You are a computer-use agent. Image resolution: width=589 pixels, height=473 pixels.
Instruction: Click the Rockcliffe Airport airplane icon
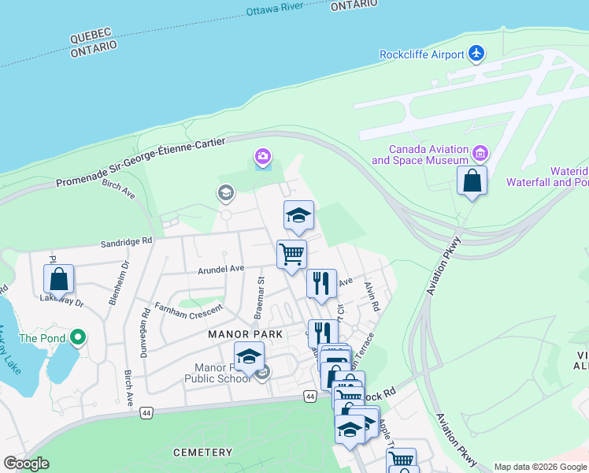coord(476,54)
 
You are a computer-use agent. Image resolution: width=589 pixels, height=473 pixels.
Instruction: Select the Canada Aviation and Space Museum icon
coord(481,151)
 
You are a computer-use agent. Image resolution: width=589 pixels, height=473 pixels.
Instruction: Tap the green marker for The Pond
coord(77,338)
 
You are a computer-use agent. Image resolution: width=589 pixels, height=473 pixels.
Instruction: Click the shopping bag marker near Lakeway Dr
coord(59,279)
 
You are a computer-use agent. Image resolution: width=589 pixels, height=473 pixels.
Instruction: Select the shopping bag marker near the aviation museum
coord(472,181)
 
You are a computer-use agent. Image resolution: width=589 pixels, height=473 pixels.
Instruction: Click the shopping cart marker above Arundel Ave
coord(291,255)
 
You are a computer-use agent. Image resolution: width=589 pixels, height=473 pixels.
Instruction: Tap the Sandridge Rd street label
coord(126,244)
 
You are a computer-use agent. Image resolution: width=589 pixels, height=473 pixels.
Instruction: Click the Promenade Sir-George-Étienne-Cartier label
coord(141,162)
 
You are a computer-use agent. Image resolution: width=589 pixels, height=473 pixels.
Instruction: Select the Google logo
coord(26,464)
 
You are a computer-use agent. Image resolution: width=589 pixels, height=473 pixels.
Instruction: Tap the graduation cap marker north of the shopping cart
coord(298,215)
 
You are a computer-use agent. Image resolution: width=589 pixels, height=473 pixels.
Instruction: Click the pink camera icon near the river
coord(262,158)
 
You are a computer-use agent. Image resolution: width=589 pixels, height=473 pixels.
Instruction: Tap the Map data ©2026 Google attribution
coord(540,467)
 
